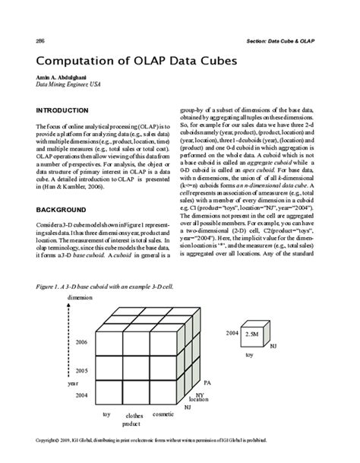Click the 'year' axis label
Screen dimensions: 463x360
point(72,384)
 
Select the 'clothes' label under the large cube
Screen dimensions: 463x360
point(134,416)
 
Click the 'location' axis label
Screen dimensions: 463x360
point(199,399)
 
